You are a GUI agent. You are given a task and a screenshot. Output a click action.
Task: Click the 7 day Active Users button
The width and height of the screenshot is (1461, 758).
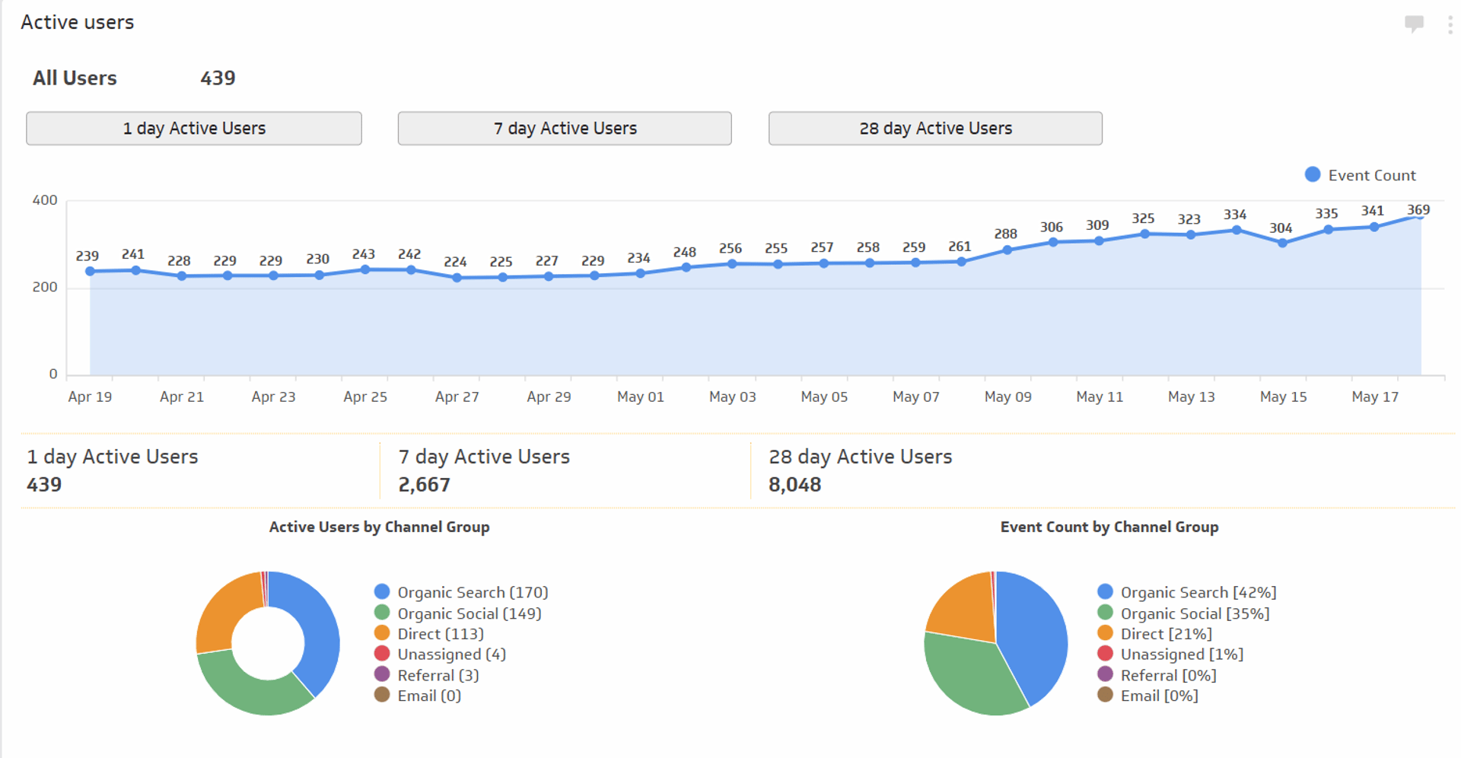[564, 128]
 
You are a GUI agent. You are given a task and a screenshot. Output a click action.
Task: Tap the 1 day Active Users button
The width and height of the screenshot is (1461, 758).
[193, 128]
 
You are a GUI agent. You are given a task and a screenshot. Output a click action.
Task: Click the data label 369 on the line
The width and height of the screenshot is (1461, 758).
[1418, 209]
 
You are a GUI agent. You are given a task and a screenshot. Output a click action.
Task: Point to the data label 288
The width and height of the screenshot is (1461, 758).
[1005, 234]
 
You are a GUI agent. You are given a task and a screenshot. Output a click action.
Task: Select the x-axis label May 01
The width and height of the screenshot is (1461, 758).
[640, 397]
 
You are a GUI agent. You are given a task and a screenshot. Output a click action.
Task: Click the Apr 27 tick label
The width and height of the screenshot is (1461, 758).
[457, 397]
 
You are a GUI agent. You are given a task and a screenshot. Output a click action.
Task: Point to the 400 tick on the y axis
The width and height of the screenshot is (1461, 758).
[44, 200]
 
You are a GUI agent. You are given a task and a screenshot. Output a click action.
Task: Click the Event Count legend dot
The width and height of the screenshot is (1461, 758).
[1312, 174]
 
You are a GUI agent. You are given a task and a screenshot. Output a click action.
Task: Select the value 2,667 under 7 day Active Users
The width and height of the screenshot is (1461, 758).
[424, 485]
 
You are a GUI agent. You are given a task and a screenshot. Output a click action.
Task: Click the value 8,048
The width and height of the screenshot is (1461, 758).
[794, 485]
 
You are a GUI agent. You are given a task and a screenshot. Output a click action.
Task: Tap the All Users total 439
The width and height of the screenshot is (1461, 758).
[218, 78]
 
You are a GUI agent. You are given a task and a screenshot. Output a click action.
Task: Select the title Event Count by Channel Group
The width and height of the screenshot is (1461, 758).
[1109, 527]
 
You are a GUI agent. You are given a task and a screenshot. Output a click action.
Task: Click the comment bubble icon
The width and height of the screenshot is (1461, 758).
[1414, 24]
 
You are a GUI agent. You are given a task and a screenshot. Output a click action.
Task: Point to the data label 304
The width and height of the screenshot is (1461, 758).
[1281, 228]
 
